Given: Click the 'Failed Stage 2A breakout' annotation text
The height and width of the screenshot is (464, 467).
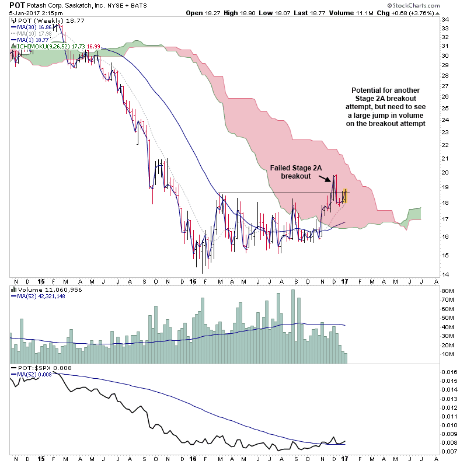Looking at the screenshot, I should (x=295, y=172).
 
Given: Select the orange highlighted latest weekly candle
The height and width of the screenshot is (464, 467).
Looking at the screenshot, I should (x=345, y=196).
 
